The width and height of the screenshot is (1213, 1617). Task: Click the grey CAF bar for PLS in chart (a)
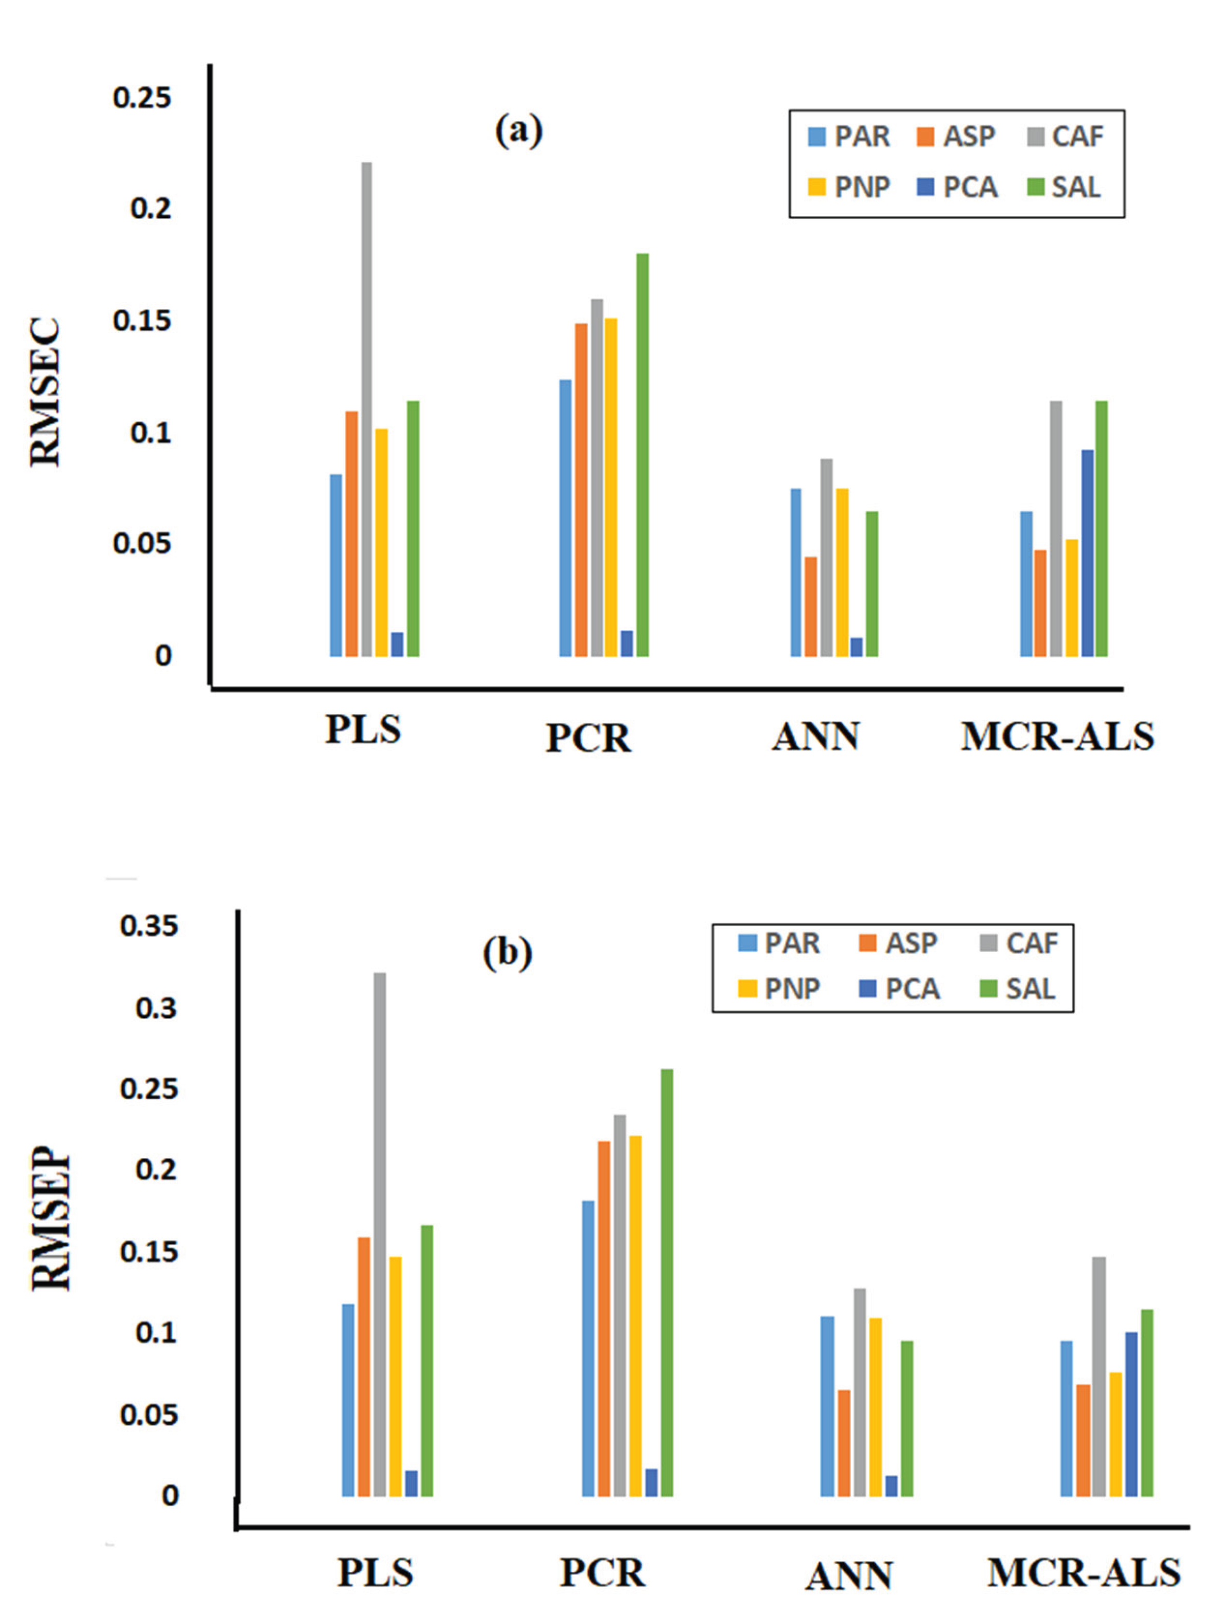click(366, 410)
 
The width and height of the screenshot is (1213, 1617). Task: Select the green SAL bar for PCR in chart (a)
click(642, 455)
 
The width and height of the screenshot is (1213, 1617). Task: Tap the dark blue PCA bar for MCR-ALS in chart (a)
click(1087, 553)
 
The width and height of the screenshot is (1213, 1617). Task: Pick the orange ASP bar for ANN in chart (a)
click(810, 607)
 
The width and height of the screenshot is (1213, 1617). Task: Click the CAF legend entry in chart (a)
click(1066, 137)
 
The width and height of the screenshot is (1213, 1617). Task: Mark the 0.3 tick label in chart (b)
click(156, 1008)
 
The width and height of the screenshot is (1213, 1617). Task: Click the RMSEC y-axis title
click(45, 393)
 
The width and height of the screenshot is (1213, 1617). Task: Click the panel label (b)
click(508, 953)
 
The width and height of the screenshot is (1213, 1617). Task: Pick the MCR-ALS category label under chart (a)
click(1057, 737)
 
